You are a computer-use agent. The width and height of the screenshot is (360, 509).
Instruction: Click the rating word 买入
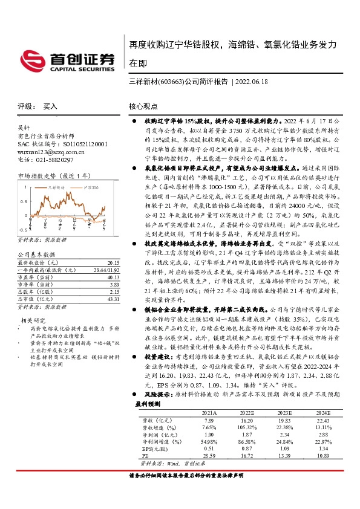pos(50,106)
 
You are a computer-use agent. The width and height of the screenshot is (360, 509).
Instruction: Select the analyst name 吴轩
pos(24,128)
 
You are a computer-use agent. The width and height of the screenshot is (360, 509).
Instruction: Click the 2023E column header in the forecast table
pos(267,429)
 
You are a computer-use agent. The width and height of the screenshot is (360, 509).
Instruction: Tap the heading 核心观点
pos(143,106)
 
